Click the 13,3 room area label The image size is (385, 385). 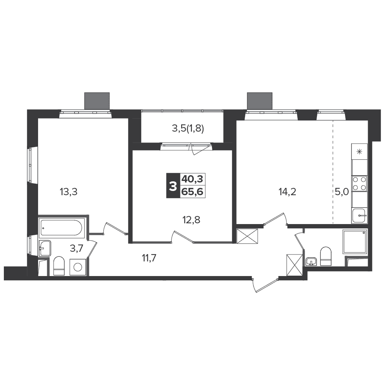point(68,191)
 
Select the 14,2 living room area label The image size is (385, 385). point(287,191)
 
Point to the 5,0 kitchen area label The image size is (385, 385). point(342,191)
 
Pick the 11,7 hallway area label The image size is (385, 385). point(149,258)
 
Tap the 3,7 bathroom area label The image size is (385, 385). point(77,248)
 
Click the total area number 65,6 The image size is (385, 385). point(192,192)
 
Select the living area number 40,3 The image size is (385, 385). point(192,179)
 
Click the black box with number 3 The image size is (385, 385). point(173,186)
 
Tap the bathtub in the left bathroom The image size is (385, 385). point(62,228)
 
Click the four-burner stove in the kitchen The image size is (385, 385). point(360,184)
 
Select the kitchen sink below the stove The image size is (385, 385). point(360,216)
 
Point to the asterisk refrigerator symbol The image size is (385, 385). point(360,152)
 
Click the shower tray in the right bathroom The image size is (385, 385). point(355,242)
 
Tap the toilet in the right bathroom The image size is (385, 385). point(326,256)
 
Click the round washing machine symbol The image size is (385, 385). point(78,267)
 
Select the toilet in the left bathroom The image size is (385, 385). point(59,266)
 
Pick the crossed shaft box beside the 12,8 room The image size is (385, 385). point(247,236)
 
